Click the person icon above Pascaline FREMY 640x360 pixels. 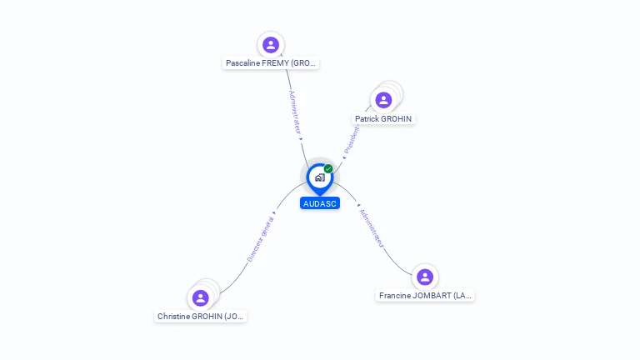(x=270, y=45)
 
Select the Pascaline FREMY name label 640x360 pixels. (x=271, y=63)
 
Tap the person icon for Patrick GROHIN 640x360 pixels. (x=383, y=101)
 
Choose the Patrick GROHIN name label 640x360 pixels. (x=383, y=119)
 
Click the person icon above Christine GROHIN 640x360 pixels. (x=200, y=298)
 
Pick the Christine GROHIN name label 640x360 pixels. (x=201, y=317)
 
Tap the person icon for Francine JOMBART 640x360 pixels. (x=425, y=277)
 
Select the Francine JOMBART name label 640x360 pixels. (x=425, y=296)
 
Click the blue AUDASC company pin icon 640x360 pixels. (x=319, y=177)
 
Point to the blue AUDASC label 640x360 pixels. (x=320, y=203)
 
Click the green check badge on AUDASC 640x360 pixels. (x=328, y=169)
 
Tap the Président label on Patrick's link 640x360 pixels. (x=352, y=137)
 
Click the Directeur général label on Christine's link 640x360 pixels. (x=260, y=240)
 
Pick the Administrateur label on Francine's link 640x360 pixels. (x=371, y=227)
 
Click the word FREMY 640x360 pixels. (x=275, y=63)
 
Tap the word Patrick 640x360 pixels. (x=367, y=119)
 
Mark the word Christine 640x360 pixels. (x=177, y=317)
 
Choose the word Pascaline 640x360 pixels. (x=243, y=63)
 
